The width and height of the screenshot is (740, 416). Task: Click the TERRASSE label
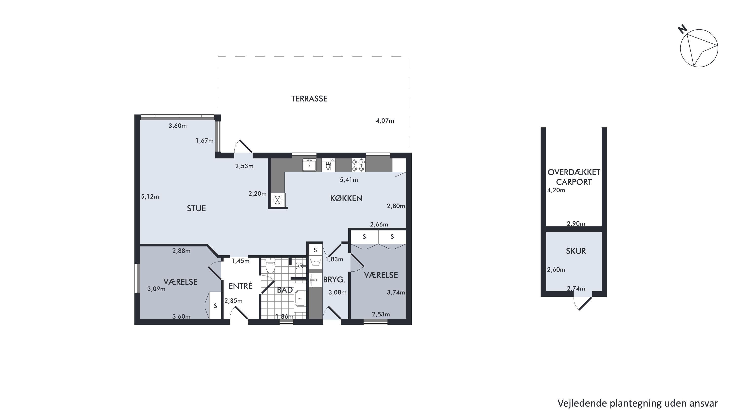(309, 99)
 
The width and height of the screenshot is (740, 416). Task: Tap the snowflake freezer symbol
(277, 200)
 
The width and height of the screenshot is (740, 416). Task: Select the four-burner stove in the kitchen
(358, 165)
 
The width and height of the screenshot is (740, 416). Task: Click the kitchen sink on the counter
(309, 165)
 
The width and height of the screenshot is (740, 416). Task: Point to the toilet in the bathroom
(270, 265)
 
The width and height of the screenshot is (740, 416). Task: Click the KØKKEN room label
(346, 198)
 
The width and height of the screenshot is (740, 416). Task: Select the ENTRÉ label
(240, 286)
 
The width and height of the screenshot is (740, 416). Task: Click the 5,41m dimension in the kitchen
(349, 180)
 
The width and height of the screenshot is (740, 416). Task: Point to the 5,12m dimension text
(150, 197)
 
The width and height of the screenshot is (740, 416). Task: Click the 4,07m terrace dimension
(385, 121)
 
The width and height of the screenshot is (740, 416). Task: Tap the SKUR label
(576, 251)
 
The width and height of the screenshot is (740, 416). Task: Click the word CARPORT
(574, 182)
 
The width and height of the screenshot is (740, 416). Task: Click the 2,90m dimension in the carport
(576, 224)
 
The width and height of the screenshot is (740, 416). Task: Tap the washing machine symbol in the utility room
(315, 262)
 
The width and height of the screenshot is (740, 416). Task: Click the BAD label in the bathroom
(285, 290)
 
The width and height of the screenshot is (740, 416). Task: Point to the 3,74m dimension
(396, 293)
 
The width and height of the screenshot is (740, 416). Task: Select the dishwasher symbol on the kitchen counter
(328, 165)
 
